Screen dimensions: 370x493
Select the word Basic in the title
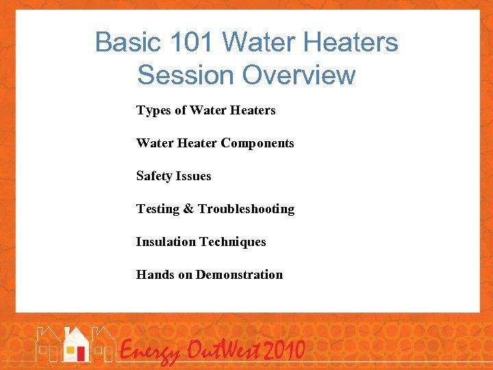pos(121,42)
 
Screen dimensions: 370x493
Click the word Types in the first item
pos(153,110)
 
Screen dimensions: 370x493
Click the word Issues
pos(194,176)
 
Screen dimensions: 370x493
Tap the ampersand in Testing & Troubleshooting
pos(188,209)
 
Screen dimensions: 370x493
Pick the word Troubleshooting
pos(246,209)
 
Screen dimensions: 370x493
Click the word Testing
pos(157,209)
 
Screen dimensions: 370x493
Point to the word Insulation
pos(166,242)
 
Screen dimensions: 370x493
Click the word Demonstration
pos(239,275)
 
